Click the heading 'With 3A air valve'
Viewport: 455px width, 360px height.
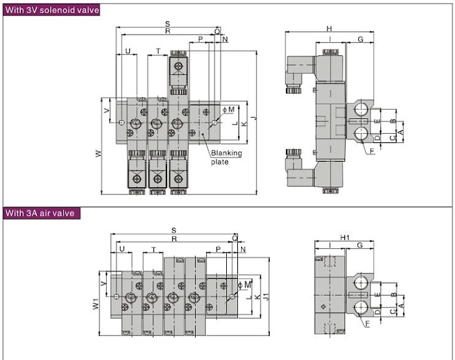pyautogui.click(x=40, y=212)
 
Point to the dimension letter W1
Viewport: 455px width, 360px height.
pyautogui.click(x=95, y=303)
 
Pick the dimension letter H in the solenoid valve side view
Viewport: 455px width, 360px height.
pyautogui.click(x=330, y=29)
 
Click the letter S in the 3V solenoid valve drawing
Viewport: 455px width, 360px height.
pyautogui.click(x=168, y=25)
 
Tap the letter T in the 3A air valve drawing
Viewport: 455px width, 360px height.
pyautogui.click(x=153, y=250)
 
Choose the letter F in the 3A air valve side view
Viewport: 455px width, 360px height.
pyautogui.click(x=367, y=322)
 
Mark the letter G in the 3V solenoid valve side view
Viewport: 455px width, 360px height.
pyautogui.click(x=359, y=40)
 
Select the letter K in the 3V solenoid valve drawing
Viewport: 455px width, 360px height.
pyautogui.click(x=244, y=123)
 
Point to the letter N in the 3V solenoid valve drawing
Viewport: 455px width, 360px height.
pyautogui.click(x=226, y=40)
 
